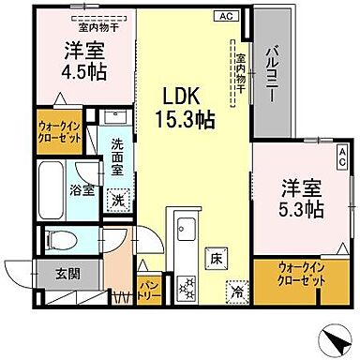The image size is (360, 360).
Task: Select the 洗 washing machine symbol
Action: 118,199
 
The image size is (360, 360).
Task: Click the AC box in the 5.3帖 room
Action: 343,156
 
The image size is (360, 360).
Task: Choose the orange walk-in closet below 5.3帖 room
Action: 302,277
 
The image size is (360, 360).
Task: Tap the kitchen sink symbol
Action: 184,229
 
